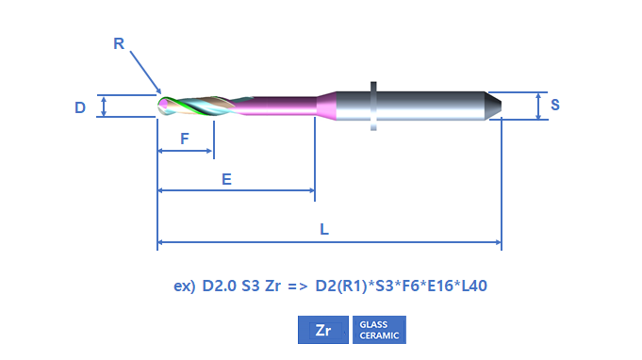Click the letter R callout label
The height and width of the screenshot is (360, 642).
119,43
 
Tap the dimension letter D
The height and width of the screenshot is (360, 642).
80,107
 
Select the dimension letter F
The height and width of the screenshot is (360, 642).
185,139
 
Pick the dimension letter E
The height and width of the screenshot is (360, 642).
226,179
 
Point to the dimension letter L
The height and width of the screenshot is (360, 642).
324,229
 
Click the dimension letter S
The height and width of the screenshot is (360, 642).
554,105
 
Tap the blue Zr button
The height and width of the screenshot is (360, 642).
323,330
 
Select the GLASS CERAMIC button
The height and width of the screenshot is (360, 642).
379,330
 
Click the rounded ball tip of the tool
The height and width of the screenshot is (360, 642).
162,106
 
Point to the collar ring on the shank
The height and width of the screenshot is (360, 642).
373,106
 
